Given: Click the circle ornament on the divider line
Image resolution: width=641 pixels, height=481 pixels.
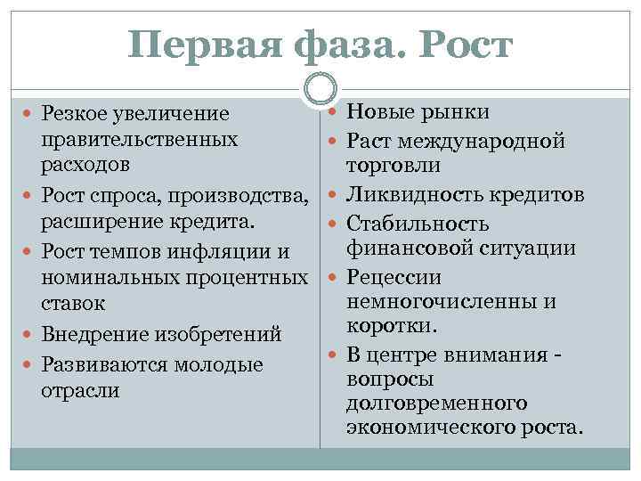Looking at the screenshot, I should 320,88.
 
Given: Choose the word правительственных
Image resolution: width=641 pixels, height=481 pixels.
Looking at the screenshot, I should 139,140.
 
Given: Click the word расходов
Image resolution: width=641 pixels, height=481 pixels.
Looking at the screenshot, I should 85,165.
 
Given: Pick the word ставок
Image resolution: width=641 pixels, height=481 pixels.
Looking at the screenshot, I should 73,303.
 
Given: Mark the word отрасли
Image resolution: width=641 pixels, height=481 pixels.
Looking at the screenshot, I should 80,390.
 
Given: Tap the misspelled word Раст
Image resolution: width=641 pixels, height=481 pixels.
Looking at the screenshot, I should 367,141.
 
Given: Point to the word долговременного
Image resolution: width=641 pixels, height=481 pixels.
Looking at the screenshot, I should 437,404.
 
